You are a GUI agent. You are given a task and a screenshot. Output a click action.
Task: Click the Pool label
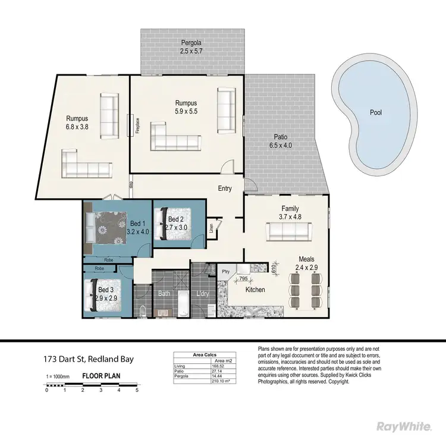(375, 112)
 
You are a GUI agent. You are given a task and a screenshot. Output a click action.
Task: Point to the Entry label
(224, 189)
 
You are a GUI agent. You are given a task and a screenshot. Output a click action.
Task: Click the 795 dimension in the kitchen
(242, 278)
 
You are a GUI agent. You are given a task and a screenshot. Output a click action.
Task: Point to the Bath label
(164, 293)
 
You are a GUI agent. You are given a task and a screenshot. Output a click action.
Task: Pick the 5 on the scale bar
(137, 390)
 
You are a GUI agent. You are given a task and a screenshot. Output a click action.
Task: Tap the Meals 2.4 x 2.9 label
(310, 263)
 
